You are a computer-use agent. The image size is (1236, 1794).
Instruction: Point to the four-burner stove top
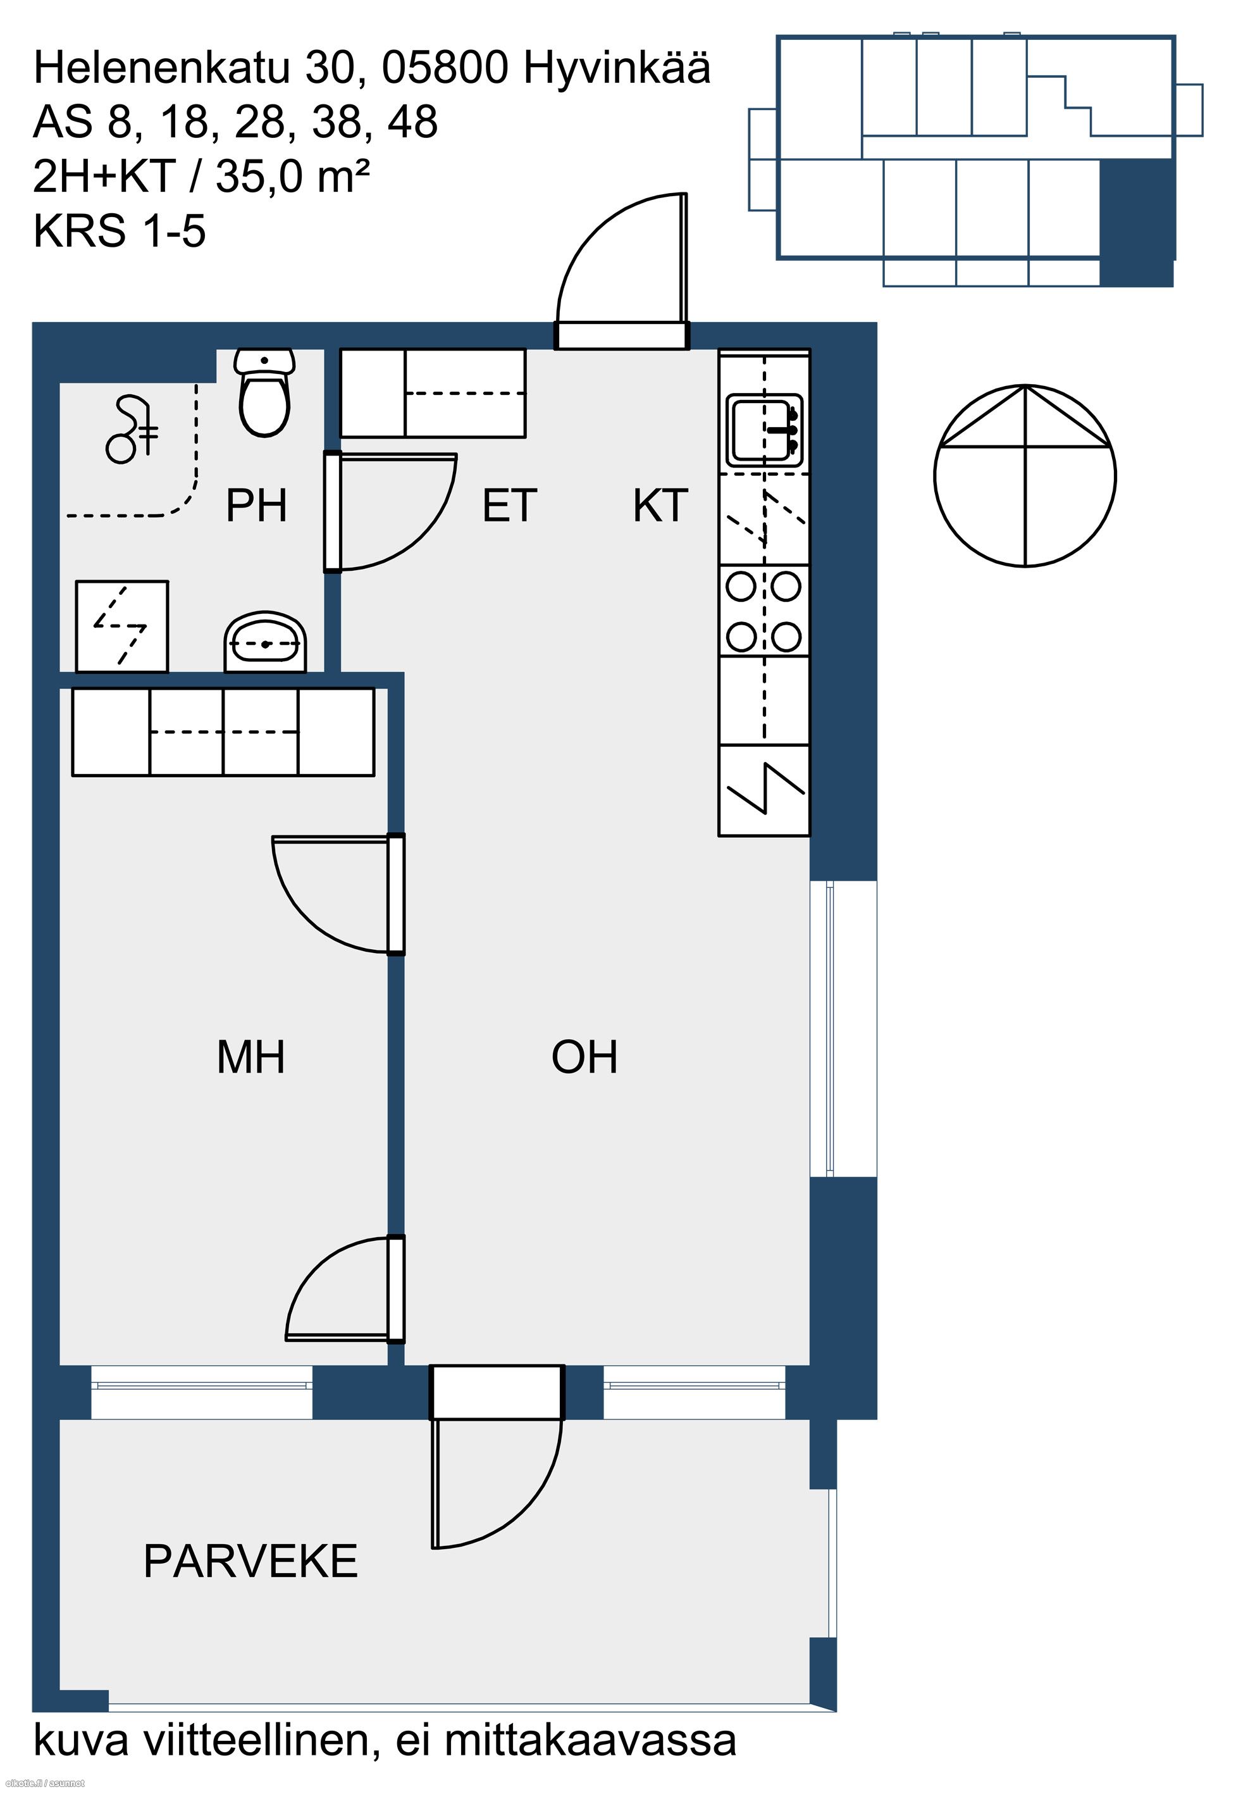tap(763, 611)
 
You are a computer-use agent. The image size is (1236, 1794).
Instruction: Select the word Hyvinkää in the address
tap(617, 68)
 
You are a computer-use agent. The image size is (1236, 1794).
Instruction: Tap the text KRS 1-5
tap(120, 231)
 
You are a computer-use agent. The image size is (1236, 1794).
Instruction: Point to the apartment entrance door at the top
tap(622, 335)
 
